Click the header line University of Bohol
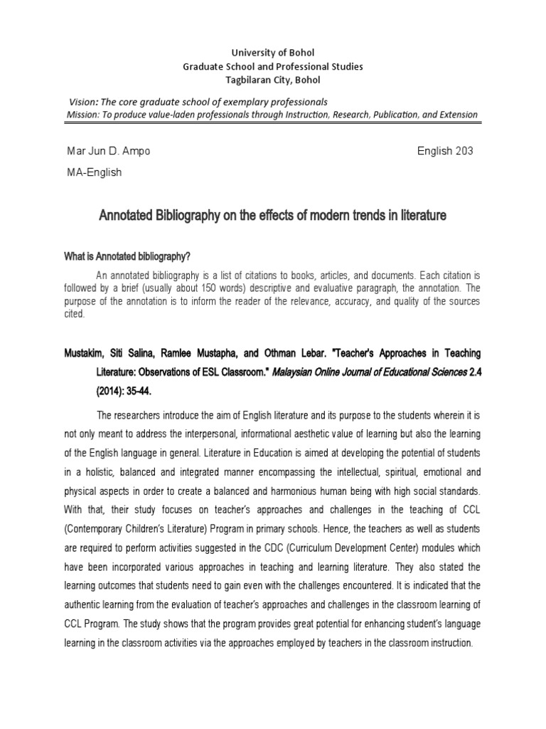(274, 53)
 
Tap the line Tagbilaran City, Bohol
(274, 79)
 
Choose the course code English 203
(444, 152)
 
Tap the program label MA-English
(94, 173)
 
